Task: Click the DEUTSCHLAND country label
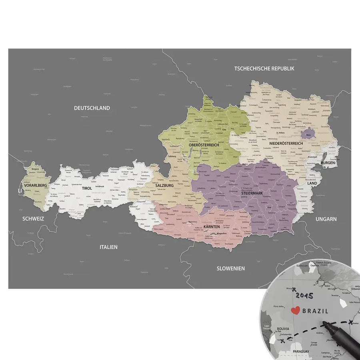coord(92,108)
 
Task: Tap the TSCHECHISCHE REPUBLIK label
coord(264,68)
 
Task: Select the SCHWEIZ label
coord(33,219)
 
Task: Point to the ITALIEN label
coord(108,247)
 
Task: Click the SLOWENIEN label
coord(230,268)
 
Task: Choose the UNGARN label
coord(326,219)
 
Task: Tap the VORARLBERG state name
coord(35,186)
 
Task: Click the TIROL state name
coord(87,188)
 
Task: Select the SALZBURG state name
coord(164,186)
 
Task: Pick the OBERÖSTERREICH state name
coord(204,145)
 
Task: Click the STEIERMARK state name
coord(252,193)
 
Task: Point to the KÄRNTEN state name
coord(212,227)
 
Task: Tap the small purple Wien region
coord(308,134)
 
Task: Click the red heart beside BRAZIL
coord(295,310)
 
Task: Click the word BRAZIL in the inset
coord(315,311)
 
